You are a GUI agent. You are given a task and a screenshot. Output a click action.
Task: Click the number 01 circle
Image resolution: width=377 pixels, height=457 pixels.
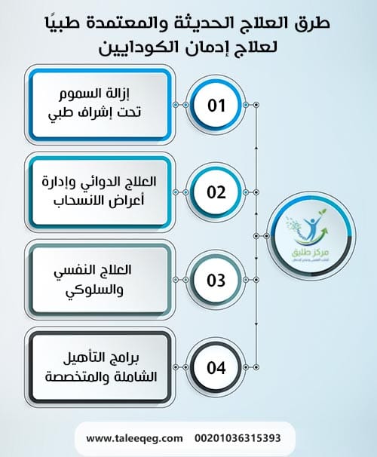tap(216, 104)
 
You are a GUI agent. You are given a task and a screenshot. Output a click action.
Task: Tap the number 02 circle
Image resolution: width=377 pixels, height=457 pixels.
tap(216, 192)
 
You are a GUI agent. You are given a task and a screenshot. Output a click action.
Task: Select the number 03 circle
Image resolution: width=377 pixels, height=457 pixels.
tap(216, 281)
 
